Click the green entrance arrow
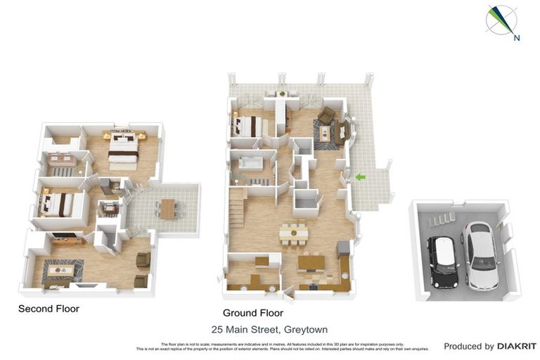360,177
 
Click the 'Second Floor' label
49,309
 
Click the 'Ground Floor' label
252,313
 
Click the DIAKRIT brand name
517,346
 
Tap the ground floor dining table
293,232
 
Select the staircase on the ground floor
236,207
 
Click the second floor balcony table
167,209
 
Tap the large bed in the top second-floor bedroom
123,147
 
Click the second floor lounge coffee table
61,269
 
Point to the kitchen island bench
311,262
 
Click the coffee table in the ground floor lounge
325,132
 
